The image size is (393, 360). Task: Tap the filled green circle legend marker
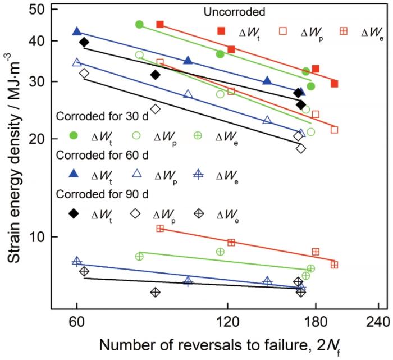[x=73, y=135]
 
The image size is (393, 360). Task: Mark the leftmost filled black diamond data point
[x=84, y=42]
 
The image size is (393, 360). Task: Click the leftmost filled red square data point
[x=160, y=24]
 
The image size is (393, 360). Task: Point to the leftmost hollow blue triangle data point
[x=77, y=62]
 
